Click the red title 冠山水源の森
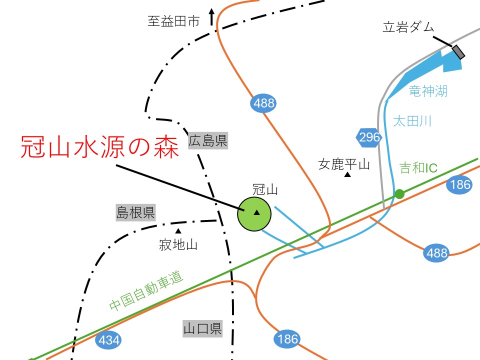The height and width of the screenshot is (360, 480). [100, 147]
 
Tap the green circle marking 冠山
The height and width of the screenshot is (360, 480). [254, 213]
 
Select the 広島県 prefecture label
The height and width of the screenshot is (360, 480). [208, 141]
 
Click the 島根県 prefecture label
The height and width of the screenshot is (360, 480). [135, 212]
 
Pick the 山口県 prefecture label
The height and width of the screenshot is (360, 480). [202, 329]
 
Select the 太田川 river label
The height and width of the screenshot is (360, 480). [412, 121]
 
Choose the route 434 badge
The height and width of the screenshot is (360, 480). [109, 340]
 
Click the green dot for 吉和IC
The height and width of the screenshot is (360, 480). [399, 193]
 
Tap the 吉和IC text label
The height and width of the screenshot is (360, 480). [418, 168]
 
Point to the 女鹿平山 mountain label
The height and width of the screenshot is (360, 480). [344, 164]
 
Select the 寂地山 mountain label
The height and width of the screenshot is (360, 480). [178, 245]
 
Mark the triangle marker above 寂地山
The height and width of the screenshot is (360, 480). [178, 231]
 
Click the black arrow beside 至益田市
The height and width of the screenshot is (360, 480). [211, 16]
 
